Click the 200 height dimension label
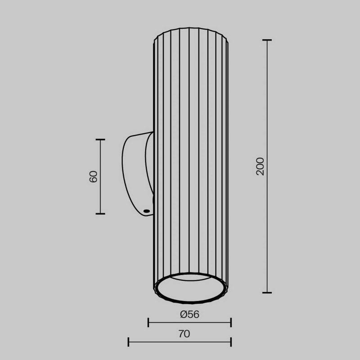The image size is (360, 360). (x=260, y=166)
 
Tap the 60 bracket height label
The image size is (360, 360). (x=94, y=176)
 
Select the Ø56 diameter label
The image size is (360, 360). (x=189, y=315)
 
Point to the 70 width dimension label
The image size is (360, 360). (x=184, y=334)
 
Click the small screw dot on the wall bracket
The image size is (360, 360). (x=146, y=211)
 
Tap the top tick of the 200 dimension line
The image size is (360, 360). (x=267, y=40)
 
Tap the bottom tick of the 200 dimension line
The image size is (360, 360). (x=267, y=292)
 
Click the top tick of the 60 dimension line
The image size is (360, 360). (x=100, y=139)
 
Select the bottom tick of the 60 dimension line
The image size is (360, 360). (x=100, y=213)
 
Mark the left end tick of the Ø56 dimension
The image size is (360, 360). (x=148, y=322)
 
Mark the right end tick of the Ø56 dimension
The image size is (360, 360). (x=231, y=322)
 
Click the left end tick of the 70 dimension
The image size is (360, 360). (x=128, y=342)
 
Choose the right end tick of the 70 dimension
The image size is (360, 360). (x=231, y=342)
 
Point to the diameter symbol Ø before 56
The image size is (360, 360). (x=183, y=315)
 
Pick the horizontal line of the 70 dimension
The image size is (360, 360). (x=180, y=342)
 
